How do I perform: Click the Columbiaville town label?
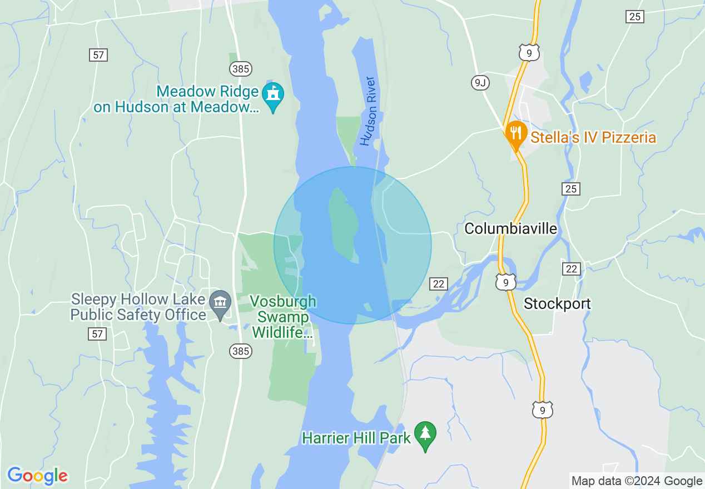510,228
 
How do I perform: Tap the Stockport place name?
557,303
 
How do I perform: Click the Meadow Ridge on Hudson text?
177,99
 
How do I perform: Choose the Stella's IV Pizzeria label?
593,137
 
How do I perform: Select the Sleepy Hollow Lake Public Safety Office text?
138,307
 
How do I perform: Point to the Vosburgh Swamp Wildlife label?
282,317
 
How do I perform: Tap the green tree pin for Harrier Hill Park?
425,435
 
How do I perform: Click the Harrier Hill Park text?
356,438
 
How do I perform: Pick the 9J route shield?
479,83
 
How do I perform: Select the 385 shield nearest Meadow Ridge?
240,69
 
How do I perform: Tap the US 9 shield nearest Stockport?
506,282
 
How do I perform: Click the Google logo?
37,476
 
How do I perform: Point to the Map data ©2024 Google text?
637,481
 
